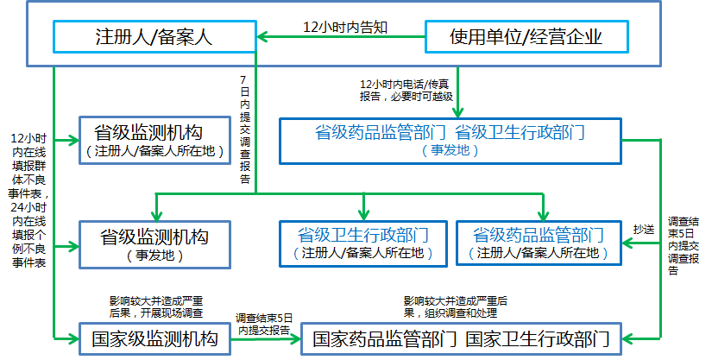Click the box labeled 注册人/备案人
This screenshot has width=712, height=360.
pos(153,36)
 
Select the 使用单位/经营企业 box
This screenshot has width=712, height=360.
pos(526,36)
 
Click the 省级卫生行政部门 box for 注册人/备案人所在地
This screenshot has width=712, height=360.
pos(362,243)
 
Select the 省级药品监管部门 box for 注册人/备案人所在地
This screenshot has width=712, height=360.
pos(538,243)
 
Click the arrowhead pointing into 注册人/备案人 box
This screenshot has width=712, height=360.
pos(262,36)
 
